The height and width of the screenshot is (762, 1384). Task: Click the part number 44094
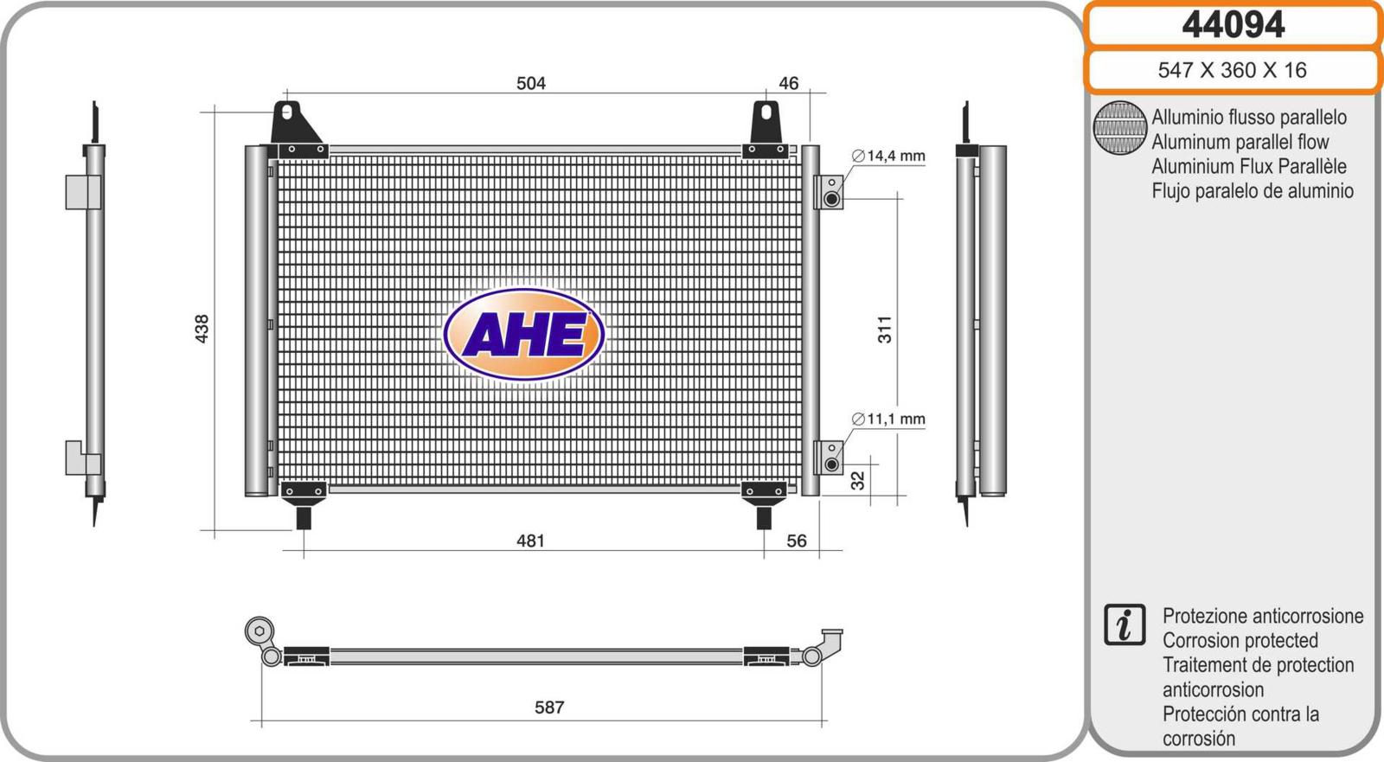pos(1233,25)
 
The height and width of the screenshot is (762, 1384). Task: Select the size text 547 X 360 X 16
pos(1232,70)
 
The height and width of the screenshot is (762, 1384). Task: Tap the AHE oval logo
pos(524,335)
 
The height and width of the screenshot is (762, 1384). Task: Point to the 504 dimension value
pos(531,83)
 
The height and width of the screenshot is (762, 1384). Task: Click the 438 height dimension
pos(202,329)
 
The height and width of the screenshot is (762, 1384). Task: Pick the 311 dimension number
pos(885,330)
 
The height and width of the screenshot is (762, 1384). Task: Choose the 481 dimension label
pos(530,541)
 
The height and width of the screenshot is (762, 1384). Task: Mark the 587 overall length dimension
pos(549,707)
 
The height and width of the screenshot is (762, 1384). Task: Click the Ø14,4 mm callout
pos(888,156)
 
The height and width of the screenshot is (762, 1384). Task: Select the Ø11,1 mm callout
pos(888,419)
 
